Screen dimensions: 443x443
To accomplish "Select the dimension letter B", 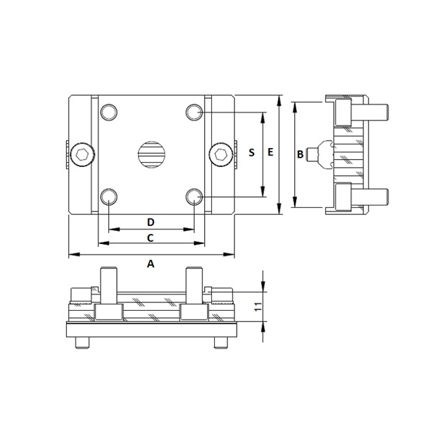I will click(x=300, y=154).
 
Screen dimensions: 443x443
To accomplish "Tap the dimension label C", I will click(x=150, y=237).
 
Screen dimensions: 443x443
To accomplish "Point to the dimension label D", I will click(x=150, y=221).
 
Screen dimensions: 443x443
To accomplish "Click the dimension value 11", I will click(x=256, y=307).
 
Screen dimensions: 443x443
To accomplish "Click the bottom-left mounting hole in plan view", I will click(x=109, y=196).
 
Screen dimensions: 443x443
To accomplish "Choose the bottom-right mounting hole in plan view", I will click(x=194, y=196).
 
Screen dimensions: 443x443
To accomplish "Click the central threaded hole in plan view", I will click(x=152, y=154).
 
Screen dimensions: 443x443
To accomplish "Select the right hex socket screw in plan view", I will click(x=221, y=154).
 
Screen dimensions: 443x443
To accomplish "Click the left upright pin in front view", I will click(x=108, y=286).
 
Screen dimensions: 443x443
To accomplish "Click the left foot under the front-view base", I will click(x=79, y=344).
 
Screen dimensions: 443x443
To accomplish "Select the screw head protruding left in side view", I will click(x=313, y=154).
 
